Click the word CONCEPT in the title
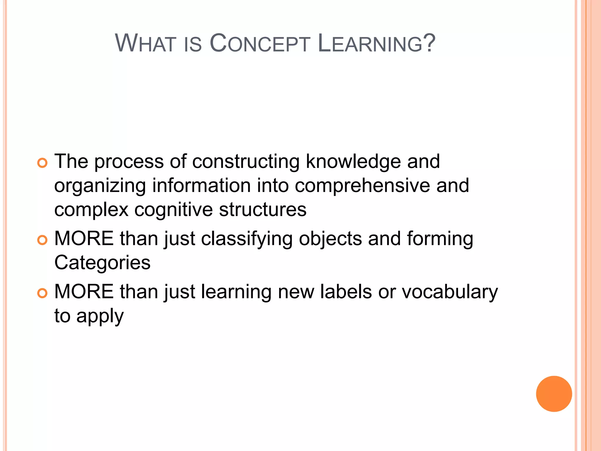[x=260, y=43]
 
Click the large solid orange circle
[x=554, y=394]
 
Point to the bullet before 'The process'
[x=43, y=163]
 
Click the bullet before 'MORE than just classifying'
[x=43, y=240]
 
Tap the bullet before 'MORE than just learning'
[x=43, y=293]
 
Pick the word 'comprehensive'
[x=362, y=186]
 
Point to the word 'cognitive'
[x=174, y=210]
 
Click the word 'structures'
[x=263, y=210]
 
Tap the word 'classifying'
[x=247, y=238]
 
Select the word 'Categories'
[x=102, y=262]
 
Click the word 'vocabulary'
[x=450, y=292]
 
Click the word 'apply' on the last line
[x=100, y=317]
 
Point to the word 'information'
[x=201, y=186]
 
